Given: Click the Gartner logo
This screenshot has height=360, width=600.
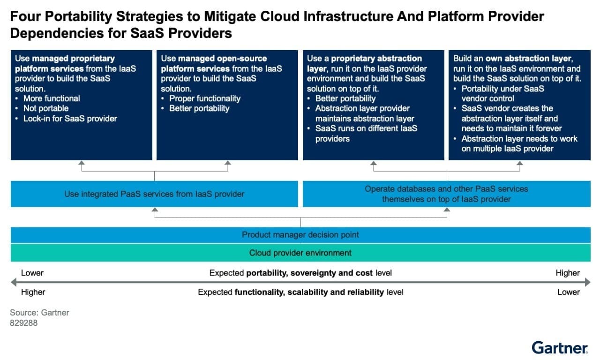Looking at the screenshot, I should [560, 348].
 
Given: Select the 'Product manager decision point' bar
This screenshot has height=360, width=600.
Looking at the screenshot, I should [300, 234].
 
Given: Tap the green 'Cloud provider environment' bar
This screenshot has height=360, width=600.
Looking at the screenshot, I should [300, 253].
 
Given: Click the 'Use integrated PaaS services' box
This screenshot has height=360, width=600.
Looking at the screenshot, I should [154, 194].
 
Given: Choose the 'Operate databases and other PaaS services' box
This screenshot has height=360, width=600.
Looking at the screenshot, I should [446, 194].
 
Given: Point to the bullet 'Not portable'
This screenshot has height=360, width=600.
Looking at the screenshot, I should [46, 108].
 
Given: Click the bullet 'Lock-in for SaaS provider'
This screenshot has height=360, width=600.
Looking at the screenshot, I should [70, 119].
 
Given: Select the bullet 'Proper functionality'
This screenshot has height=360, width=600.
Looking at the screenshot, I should [204, 98].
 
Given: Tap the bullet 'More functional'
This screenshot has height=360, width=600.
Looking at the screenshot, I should [52, 98].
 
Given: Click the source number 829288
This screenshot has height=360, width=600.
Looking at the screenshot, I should [23, 323].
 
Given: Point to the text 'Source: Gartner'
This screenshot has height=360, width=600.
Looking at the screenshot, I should [39, 313].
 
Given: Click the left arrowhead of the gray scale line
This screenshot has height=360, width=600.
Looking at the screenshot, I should [14, 282].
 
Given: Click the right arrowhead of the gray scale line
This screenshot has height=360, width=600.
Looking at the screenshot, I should [587, 282].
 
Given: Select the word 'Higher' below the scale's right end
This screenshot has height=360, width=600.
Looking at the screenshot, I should [568, 273].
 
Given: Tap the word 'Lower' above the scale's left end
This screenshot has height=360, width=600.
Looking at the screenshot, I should [32, 273].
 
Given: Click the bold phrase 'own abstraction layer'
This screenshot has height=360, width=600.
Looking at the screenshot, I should [529, 59].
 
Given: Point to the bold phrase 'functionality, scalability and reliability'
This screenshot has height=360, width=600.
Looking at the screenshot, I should [309, 292].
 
